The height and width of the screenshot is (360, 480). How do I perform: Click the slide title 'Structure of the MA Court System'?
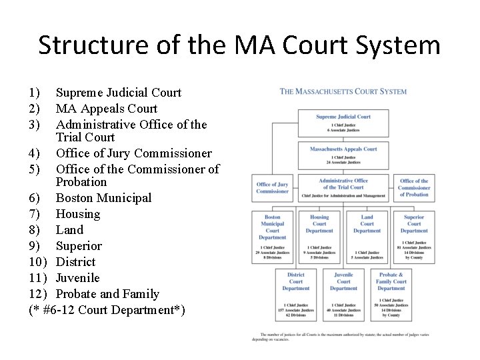tap(239, 45)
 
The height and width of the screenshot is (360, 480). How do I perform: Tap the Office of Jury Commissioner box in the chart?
tap(272, 188)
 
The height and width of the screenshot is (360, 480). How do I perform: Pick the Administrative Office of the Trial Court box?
tap(343, 188)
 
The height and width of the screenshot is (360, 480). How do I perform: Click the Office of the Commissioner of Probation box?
tap(414, 188)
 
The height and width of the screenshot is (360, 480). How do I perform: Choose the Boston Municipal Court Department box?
tap(272, 237)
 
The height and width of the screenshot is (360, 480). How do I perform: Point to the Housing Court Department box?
tap(319, 237)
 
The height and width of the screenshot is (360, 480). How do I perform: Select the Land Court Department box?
tap(367, 237)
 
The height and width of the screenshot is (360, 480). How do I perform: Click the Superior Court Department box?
tap(414, 237)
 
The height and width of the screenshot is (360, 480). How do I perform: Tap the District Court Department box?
tap(296, 294)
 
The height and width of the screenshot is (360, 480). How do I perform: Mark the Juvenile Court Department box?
tap(343, 294)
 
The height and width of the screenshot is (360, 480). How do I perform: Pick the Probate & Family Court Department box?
tap(391, 294)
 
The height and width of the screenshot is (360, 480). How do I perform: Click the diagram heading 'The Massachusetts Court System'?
tap(343, 91)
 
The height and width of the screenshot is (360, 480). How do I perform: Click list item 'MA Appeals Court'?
tap(107, 109)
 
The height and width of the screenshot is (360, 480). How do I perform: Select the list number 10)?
tap(38, 262)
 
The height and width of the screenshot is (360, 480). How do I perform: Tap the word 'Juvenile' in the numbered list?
tap(78, 278)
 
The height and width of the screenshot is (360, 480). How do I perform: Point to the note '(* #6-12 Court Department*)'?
tap(107, 310)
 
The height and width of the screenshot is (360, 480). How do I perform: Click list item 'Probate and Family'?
tap(108, 294)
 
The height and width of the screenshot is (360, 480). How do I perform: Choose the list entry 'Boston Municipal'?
tap(103, 198)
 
